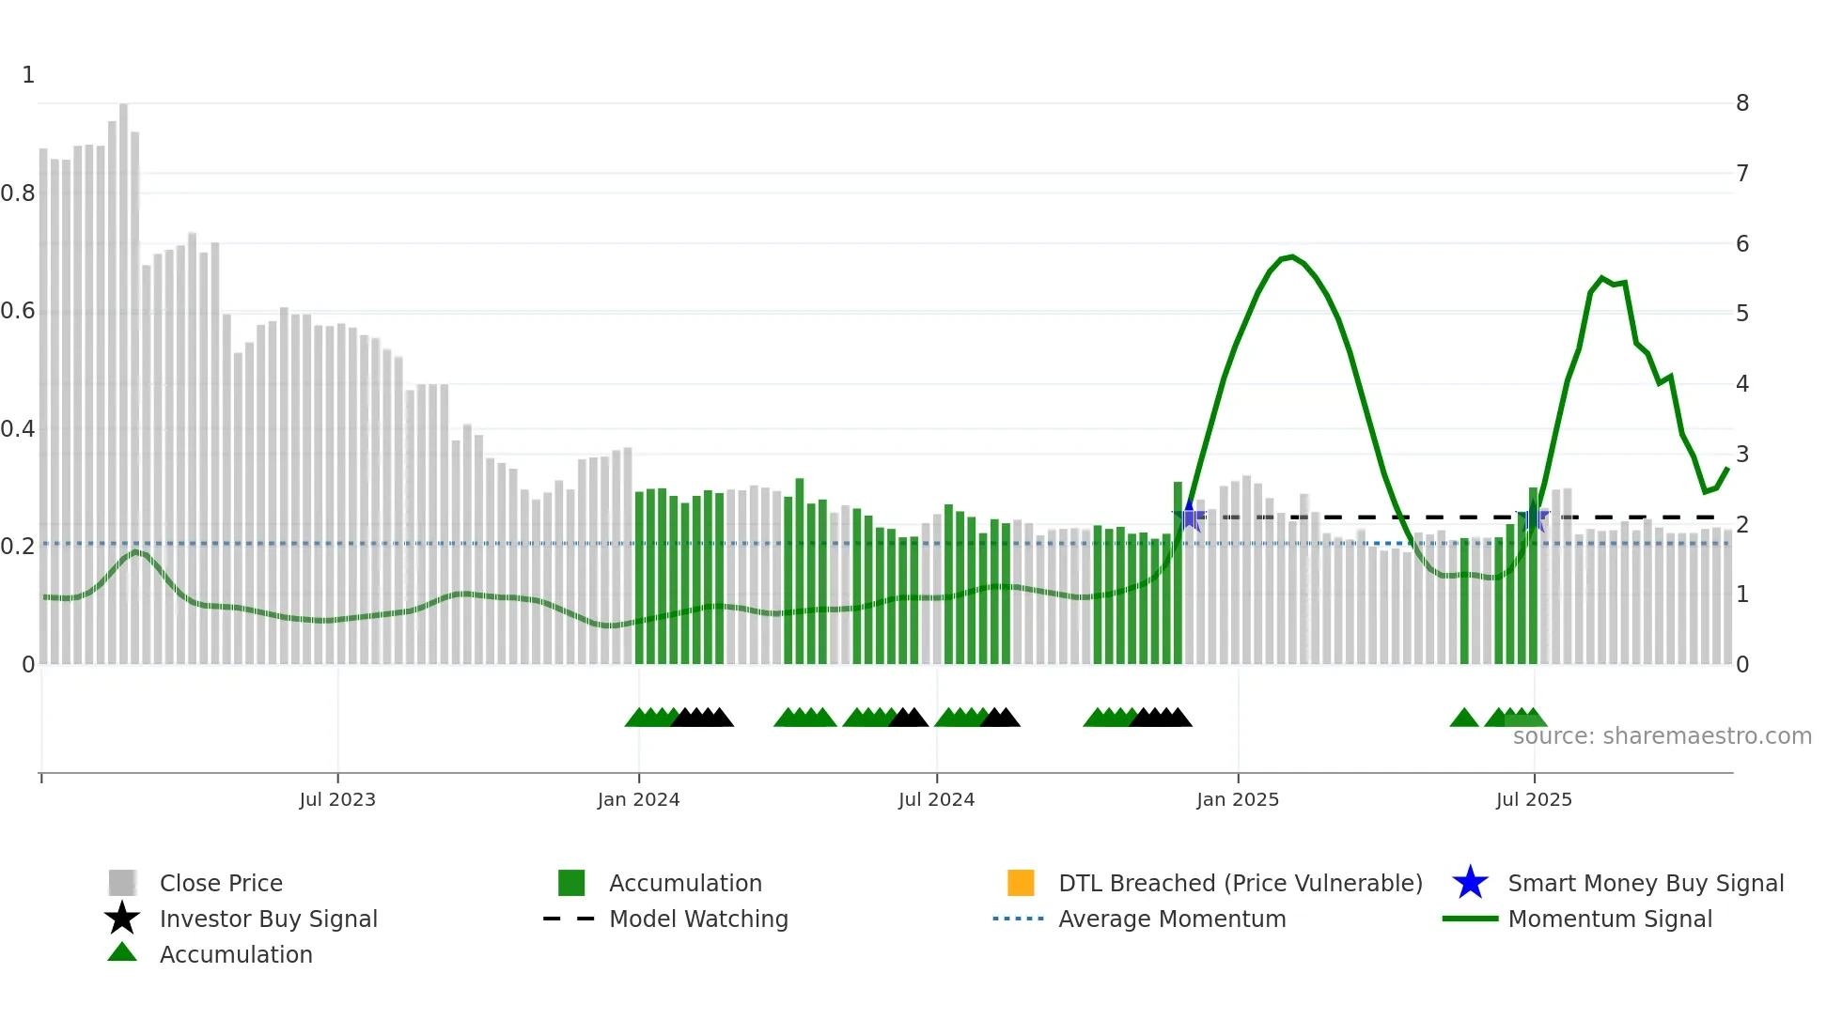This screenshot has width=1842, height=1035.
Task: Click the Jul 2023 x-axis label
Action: coord(337,799)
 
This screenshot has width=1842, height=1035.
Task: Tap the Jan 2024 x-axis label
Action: coord(638,799)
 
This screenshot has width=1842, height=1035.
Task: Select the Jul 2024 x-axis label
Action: coord(936,799)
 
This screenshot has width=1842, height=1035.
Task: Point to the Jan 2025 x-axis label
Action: coord(1237,799)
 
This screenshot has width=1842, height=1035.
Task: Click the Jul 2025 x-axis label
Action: coord(1534,799)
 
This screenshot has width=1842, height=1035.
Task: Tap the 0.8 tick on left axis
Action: coord(18,193)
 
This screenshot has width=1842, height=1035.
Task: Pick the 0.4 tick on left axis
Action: coord(18,429)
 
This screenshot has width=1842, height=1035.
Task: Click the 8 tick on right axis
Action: coord(1742,103)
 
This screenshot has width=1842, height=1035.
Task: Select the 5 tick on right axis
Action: coord(1742,313)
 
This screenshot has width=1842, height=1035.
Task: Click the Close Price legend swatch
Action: coord(122,883)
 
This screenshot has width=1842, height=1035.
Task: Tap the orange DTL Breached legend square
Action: coord(1021,883)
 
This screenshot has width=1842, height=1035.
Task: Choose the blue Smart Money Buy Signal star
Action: coord(1470,883)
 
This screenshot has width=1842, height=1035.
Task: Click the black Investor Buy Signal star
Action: coord(122,919)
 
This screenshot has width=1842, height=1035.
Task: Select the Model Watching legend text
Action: coord(698,919)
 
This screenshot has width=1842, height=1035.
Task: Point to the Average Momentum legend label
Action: coord(1172,919)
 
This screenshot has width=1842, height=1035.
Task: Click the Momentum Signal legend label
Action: coord(1610,919)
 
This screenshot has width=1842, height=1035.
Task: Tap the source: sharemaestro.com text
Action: coord(1662,736)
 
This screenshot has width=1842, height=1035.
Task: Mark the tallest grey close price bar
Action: coord(123,376)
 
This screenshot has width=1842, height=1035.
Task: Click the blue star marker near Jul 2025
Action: coord(1534,517)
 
